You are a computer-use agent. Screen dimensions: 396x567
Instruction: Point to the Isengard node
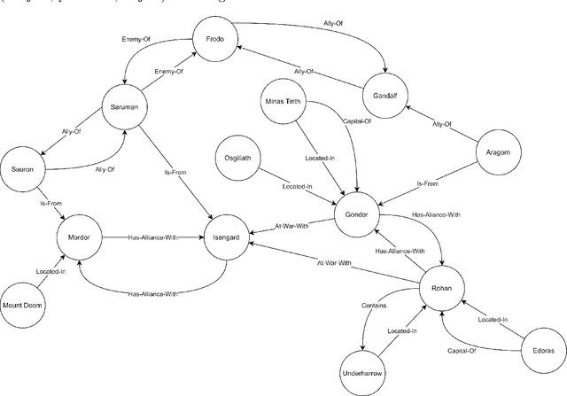[225, 237]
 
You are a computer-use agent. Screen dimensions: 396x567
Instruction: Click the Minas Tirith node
[283, 103]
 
